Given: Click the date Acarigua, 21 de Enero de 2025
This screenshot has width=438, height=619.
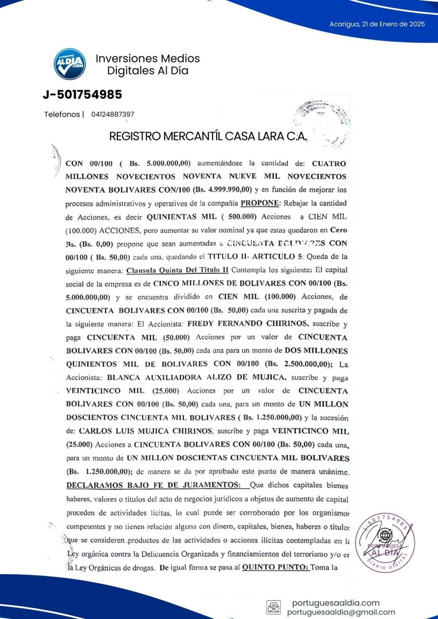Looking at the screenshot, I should (x=377, y=24).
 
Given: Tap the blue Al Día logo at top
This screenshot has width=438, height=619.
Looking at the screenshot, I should (x=70, y=64).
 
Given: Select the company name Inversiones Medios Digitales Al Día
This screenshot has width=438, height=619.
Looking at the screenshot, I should (x=148, y=65).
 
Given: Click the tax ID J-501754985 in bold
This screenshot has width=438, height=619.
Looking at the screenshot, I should (x=82, y=95).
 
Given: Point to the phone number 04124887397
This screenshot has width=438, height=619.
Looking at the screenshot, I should (x=112, y=115).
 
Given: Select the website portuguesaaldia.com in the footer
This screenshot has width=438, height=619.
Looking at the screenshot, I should (x=336, y=602).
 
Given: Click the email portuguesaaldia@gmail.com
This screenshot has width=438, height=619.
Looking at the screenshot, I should (x=341, y=612).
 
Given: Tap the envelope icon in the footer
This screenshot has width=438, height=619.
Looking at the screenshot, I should (x=273, y=607).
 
